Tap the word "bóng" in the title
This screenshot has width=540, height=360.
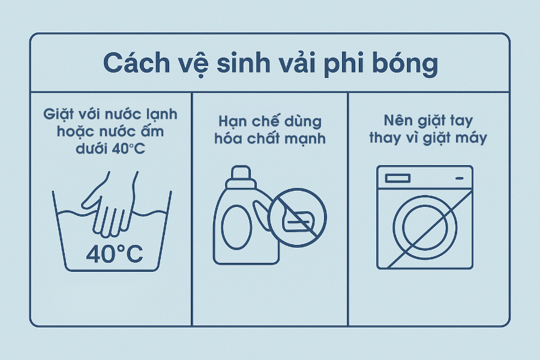pyautogui.click(x=405, y=65)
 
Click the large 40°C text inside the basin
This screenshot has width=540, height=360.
pyautogui.click(x=115, y=254)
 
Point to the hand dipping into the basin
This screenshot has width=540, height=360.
pyautogui.click(x=110, y=206)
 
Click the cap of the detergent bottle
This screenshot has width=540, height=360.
pyautogui.click(x=241, y=177)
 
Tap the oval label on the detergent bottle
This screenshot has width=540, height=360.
pyautogui.click(x=236, y=227)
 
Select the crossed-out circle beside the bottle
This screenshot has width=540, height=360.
pyautogui.click(x=297, y=217)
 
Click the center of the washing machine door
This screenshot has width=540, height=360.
pyautogui.click(x=425, y=227)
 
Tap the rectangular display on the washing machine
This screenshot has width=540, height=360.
pyautogui.click(x=398, y=178)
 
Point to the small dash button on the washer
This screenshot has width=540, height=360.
pyautogui.click(x=460, y=178)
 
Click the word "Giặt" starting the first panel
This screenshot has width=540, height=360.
pyautogui.click(x=56, y=115)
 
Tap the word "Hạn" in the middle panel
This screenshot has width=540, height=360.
pyautogui.click(x=232, y=122)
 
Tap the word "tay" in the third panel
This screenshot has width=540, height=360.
pyautogui.click(x=461, y=121)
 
